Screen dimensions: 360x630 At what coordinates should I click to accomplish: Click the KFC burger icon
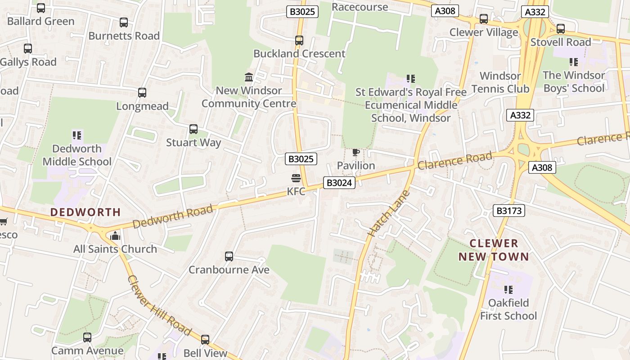(x=296, y=178)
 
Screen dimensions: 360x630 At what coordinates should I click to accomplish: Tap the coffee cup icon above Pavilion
(x=355, y=153)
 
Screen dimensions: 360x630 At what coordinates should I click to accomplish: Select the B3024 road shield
(x=339, y=183)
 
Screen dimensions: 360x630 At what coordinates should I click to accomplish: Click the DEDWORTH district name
(x=85, y=212)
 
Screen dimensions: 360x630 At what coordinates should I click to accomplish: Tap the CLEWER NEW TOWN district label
(x=494, y=250)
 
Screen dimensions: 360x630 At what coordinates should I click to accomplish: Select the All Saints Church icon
(x=115, y=236)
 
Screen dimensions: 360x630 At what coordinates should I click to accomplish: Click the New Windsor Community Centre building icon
(x=249, y=77)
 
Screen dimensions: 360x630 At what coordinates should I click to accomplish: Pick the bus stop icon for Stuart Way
(x=193, y=129)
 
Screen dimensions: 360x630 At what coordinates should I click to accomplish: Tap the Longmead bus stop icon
(x=142, y=93)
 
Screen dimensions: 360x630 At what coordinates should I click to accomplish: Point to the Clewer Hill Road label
(x=159, y=305)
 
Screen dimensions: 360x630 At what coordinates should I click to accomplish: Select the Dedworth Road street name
(x=173, y=216)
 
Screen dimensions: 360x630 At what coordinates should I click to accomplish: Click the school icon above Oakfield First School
(x=508, y=289)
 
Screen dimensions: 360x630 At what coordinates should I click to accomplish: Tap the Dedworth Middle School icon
(x=77, y=135)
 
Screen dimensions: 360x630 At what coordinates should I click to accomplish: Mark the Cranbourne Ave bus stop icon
(x=229, y=256)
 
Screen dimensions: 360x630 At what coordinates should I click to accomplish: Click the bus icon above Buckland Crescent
(x=299, y=40)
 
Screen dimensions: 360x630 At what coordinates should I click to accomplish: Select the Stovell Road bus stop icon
(x=561, y=28)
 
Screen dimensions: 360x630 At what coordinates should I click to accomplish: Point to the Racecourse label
(x=360, y=7)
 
